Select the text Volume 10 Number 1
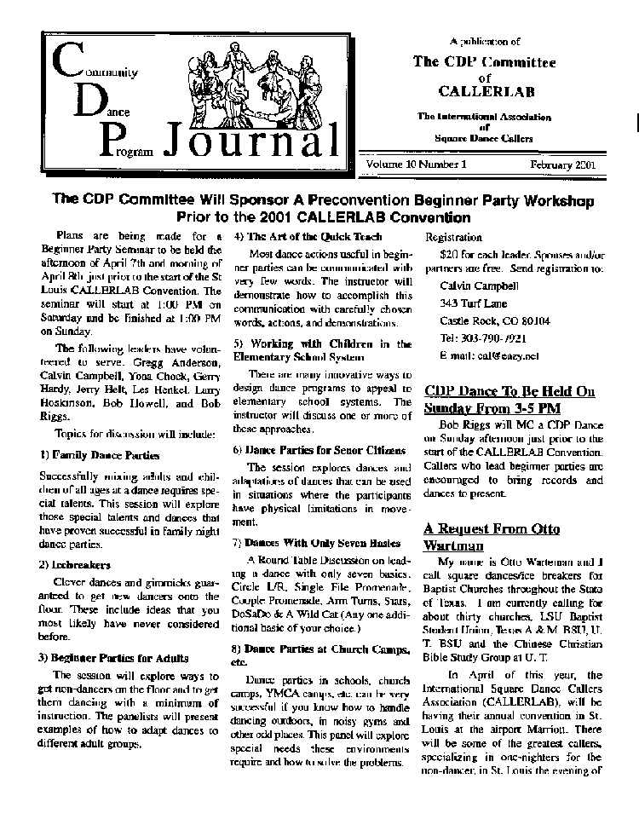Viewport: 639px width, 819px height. click(413, 164)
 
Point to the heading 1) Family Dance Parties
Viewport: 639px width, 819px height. click(100, 455)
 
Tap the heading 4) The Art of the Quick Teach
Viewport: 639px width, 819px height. click(308, 236)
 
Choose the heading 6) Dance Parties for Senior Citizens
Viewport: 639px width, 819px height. click(319, 449)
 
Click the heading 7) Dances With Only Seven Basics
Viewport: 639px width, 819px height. click(315, 542)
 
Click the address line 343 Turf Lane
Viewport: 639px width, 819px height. click(474, 303)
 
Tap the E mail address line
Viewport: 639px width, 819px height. click(489, 356)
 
